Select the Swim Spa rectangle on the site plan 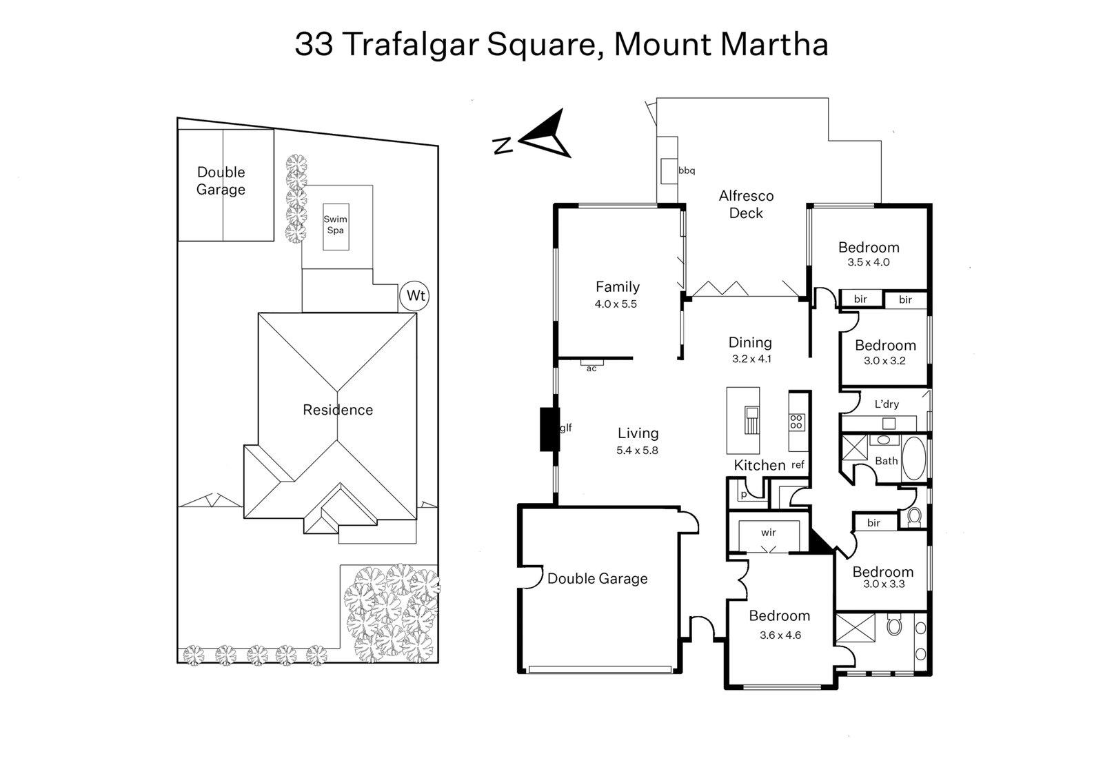pos(336,227)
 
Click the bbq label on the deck pos(687,170)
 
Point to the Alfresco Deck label pos(746,204)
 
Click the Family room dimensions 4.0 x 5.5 pos(616,304)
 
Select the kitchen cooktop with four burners pos(796,422)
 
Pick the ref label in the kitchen pos(798,465)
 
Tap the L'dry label pos(887,404)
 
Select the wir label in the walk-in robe pos(769,533)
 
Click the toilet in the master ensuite pos(895,626)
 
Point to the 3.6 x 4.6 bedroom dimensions pos(780,635)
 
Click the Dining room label pos(750,342)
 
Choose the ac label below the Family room pos(591,369)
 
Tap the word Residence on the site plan pos(338,410)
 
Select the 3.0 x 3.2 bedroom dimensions pos(884,360)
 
